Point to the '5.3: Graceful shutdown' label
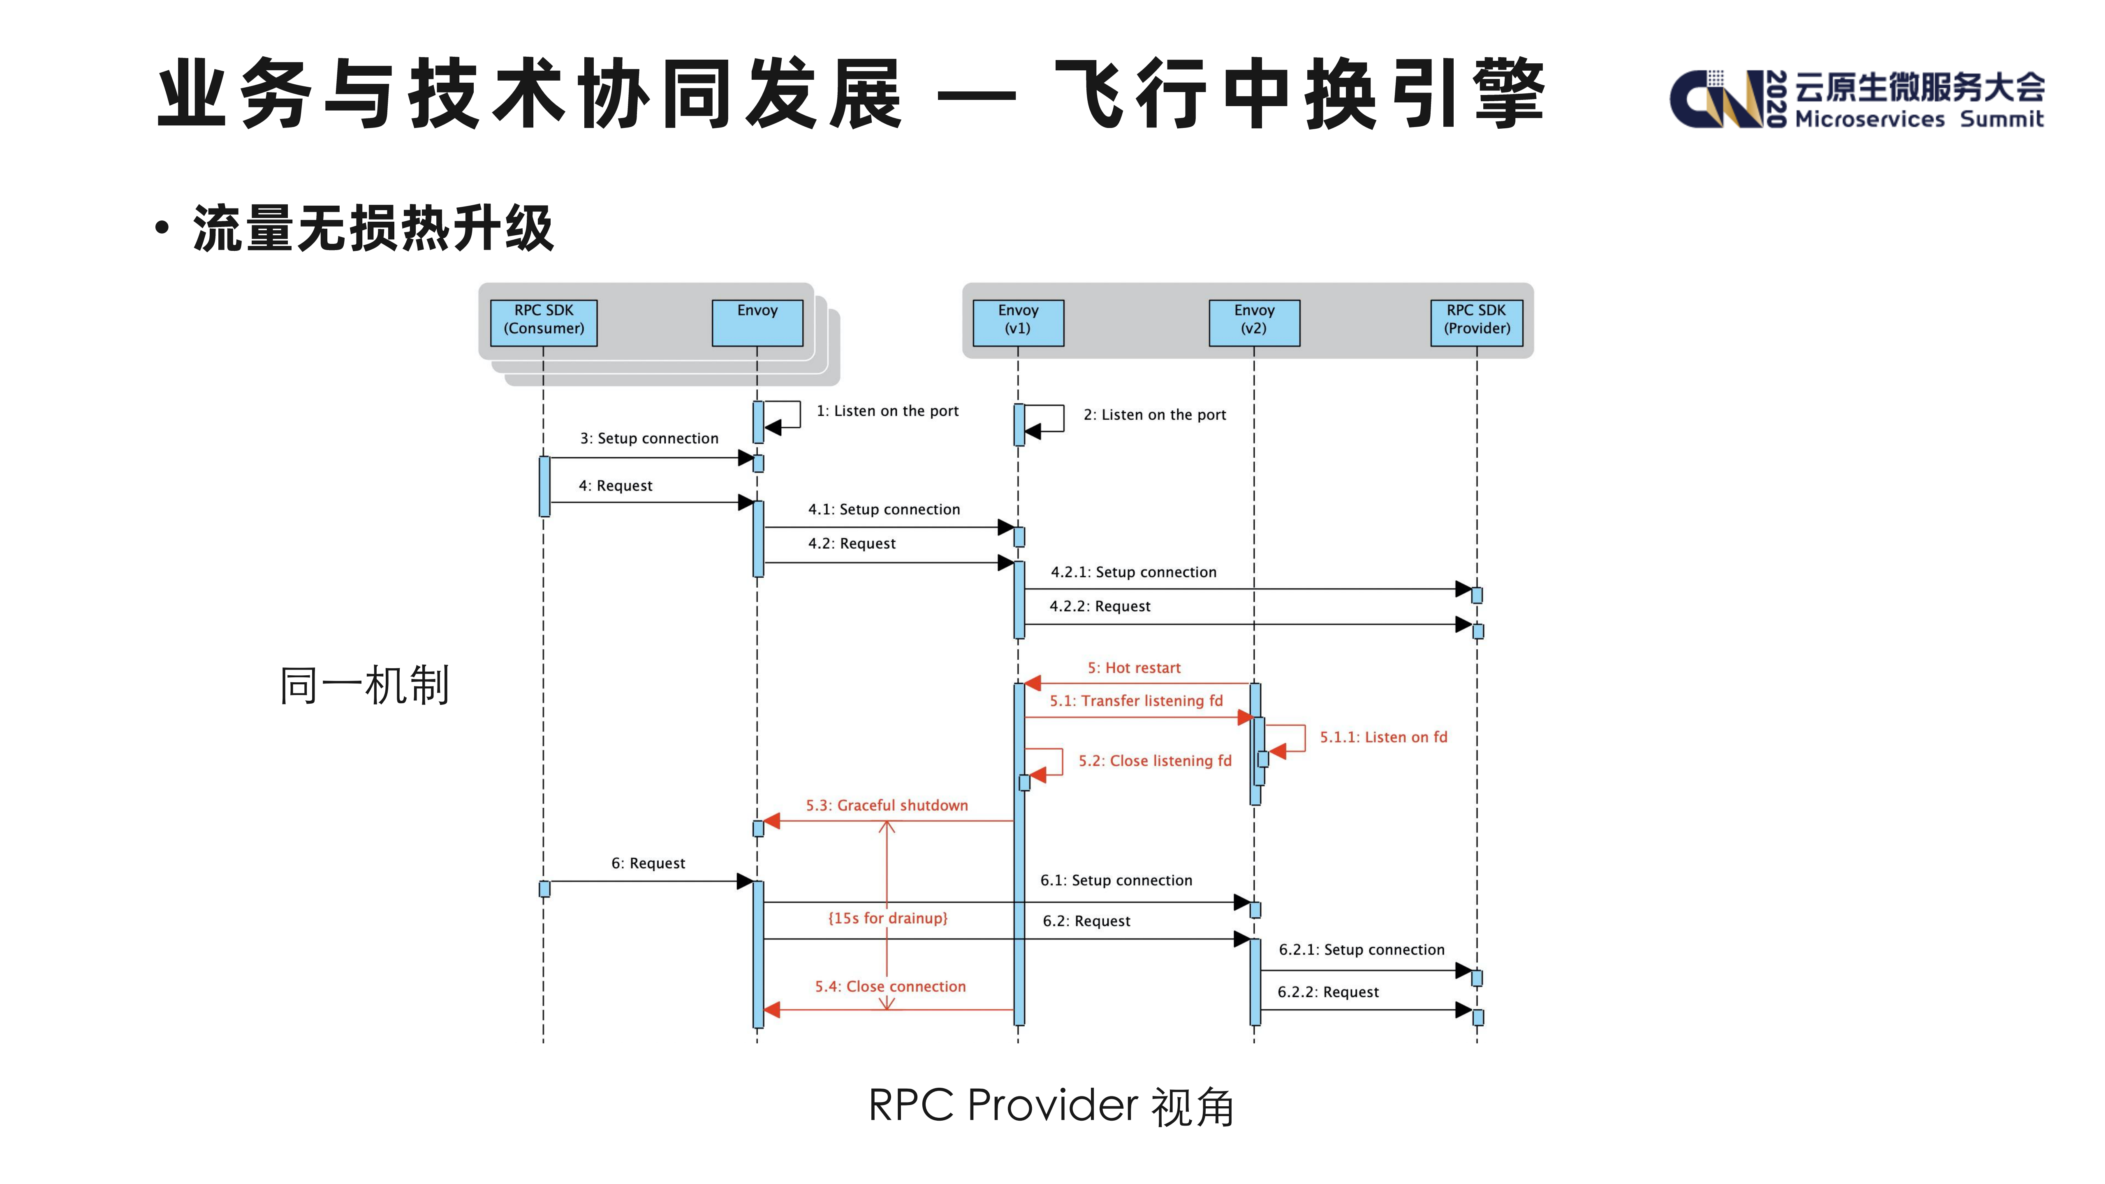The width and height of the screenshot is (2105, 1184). tap(887, 805)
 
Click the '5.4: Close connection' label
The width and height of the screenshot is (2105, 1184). tap(890, 986)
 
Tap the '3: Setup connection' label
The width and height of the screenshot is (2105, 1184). tap(649, 438)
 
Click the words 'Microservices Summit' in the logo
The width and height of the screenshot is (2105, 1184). tap(1919, 119)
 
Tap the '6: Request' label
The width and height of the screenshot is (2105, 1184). tap(648, 863)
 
